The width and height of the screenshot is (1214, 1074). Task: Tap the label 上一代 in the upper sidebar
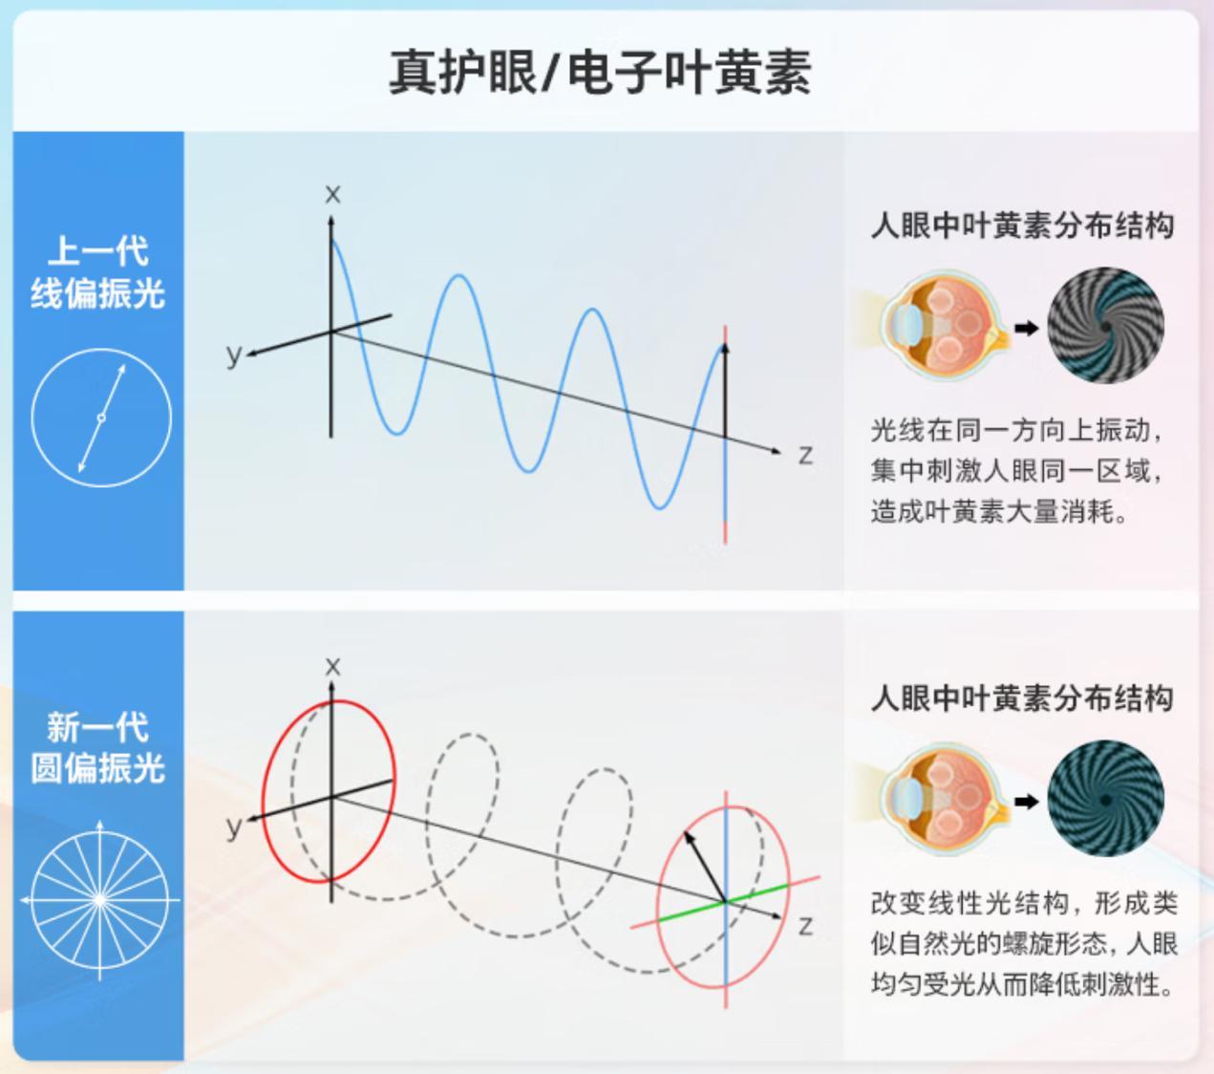98,250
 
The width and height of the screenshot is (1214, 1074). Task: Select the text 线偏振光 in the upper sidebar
98,293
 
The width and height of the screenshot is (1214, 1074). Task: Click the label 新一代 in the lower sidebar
98,727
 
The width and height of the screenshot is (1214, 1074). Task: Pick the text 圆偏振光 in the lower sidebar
98,767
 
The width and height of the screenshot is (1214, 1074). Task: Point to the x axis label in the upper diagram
332,194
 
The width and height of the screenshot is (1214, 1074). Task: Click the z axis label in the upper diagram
805,456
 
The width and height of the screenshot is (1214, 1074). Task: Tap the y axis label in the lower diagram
234,827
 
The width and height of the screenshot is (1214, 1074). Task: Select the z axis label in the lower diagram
805,927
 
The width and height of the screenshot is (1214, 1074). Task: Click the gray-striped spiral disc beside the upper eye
1105,326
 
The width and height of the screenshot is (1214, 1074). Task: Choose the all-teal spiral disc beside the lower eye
1105,799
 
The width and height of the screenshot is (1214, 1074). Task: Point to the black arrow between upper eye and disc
1027,329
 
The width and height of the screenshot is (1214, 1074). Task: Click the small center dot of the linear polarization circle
101,418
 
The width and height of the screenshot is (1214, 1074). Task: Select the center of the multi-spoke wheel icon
100,899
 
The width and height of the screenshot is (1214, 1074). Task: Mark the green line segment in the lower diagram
723,902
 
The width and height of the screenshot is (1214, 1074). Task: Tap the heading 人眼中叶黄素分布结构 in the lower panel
1022,698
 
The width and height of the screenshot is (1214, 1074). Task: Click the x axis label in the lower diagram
332,666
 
